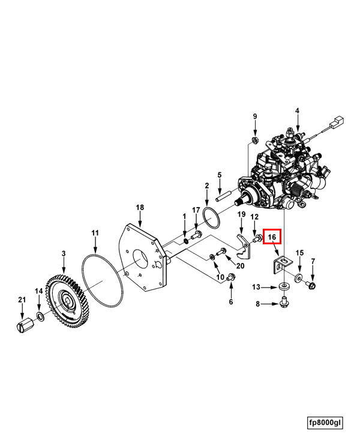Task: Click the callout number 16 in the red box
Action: point(272,237)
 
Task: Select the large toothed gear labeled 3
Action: point(68,300)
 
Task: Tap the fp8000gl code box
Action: point(325,423)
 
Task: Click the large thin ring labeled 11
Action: point(102,280)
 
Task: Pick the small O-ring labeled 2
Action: point(211,218)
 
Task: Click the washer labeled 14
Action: point(40,316)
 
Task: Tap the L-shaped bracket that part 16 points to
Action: point(281,264)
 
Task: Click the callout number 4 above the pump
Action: point(297,110)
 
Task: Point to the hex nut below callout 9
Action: point(254,140)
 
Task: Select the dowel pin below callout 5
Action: point(224,197)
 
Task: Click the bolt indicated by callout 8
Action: point(284,302)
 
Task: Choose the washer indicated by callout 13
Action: point(284,286)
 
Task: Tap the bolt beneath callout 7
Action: point(311,285)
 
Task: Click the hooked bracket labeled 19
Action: point(244,246)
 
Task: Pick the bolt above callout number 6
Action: point(231,277)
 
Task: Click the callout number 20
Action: point(240,266)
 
